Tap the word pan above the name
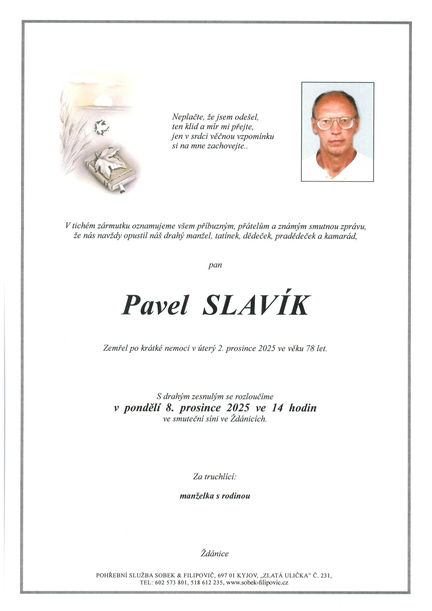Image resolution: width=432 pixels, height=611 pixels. [215, 265]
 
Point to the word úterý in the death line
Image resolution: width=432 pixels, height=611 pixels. [207, 349]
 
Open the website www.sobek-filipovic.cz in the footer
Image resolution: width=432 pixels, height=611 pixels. [257, 575]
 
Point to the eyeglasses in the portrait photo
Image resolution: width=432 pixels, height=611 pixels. [335, 123]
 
